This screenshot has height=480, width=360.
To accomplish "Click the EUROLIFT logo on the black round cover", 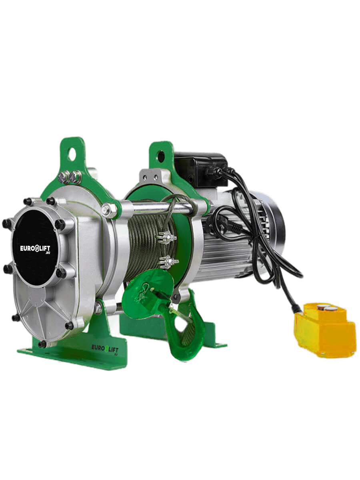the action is [35, 249].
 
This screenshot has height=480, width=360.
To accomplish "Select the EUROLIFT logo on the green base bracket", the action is [105, 349].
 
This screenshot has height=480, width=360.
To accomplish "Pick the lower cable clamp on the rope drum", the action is [169, 262].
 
